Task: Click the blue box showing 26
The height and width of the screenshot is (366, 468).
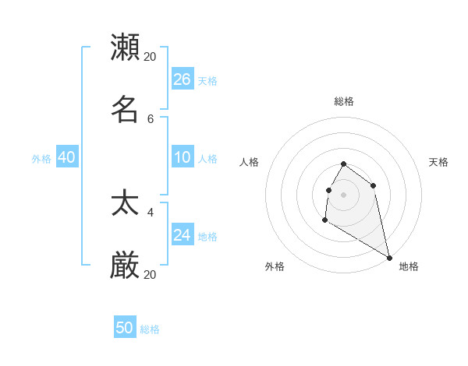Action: pyautogui.click(x=182, y=79)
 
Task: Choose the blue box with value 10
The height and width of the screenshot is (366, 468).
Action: pyautogui.click(x=182, y=157)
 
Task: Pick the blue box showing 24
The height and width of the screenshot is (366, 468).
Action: pyautogui.click(x=182, y=235)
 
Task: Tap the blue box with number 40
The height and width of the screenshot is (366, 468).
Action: pyautogui.click(x=66, y=157)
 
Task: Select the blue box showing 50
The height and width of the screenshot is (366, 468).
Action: pyautogui.click(x=125, y=328)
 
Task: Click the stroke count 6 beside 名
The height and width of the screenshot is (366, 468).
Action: pyautogui.click(x=151, y=119)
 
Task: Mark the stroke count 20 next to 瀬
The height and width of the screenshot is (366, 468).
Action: pyautogui.click(x=151, y=57)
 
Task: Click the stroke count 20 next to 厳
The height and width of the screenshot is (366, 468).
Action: pyautogui.click(x=151, y=275)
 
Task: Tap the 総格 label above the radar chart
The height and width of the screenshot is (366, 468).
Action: pyautogui.click(x=344, y=101)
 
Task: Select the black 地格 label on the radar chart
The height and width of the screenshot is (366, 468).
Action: pyautogui.click(x=409, y=266)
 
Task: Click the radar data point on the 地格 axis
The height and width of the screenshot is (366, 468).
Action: pyautogui.click(x=389, y=258)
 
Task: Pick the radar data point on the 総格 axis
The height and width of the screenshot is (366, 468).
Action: pyautogui.click(x=344, y=164)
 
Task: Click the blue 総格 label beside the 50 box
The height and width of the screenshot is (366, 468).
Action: pyautogui.click(x=150, y=329)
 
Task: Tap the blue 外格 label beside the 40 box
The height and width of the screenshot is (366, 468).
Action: pyautogui.click(x=41, y=159)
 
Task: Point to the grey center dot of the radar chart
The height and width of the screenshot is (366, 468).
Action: pyautogui.click(x=344, y=194)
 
